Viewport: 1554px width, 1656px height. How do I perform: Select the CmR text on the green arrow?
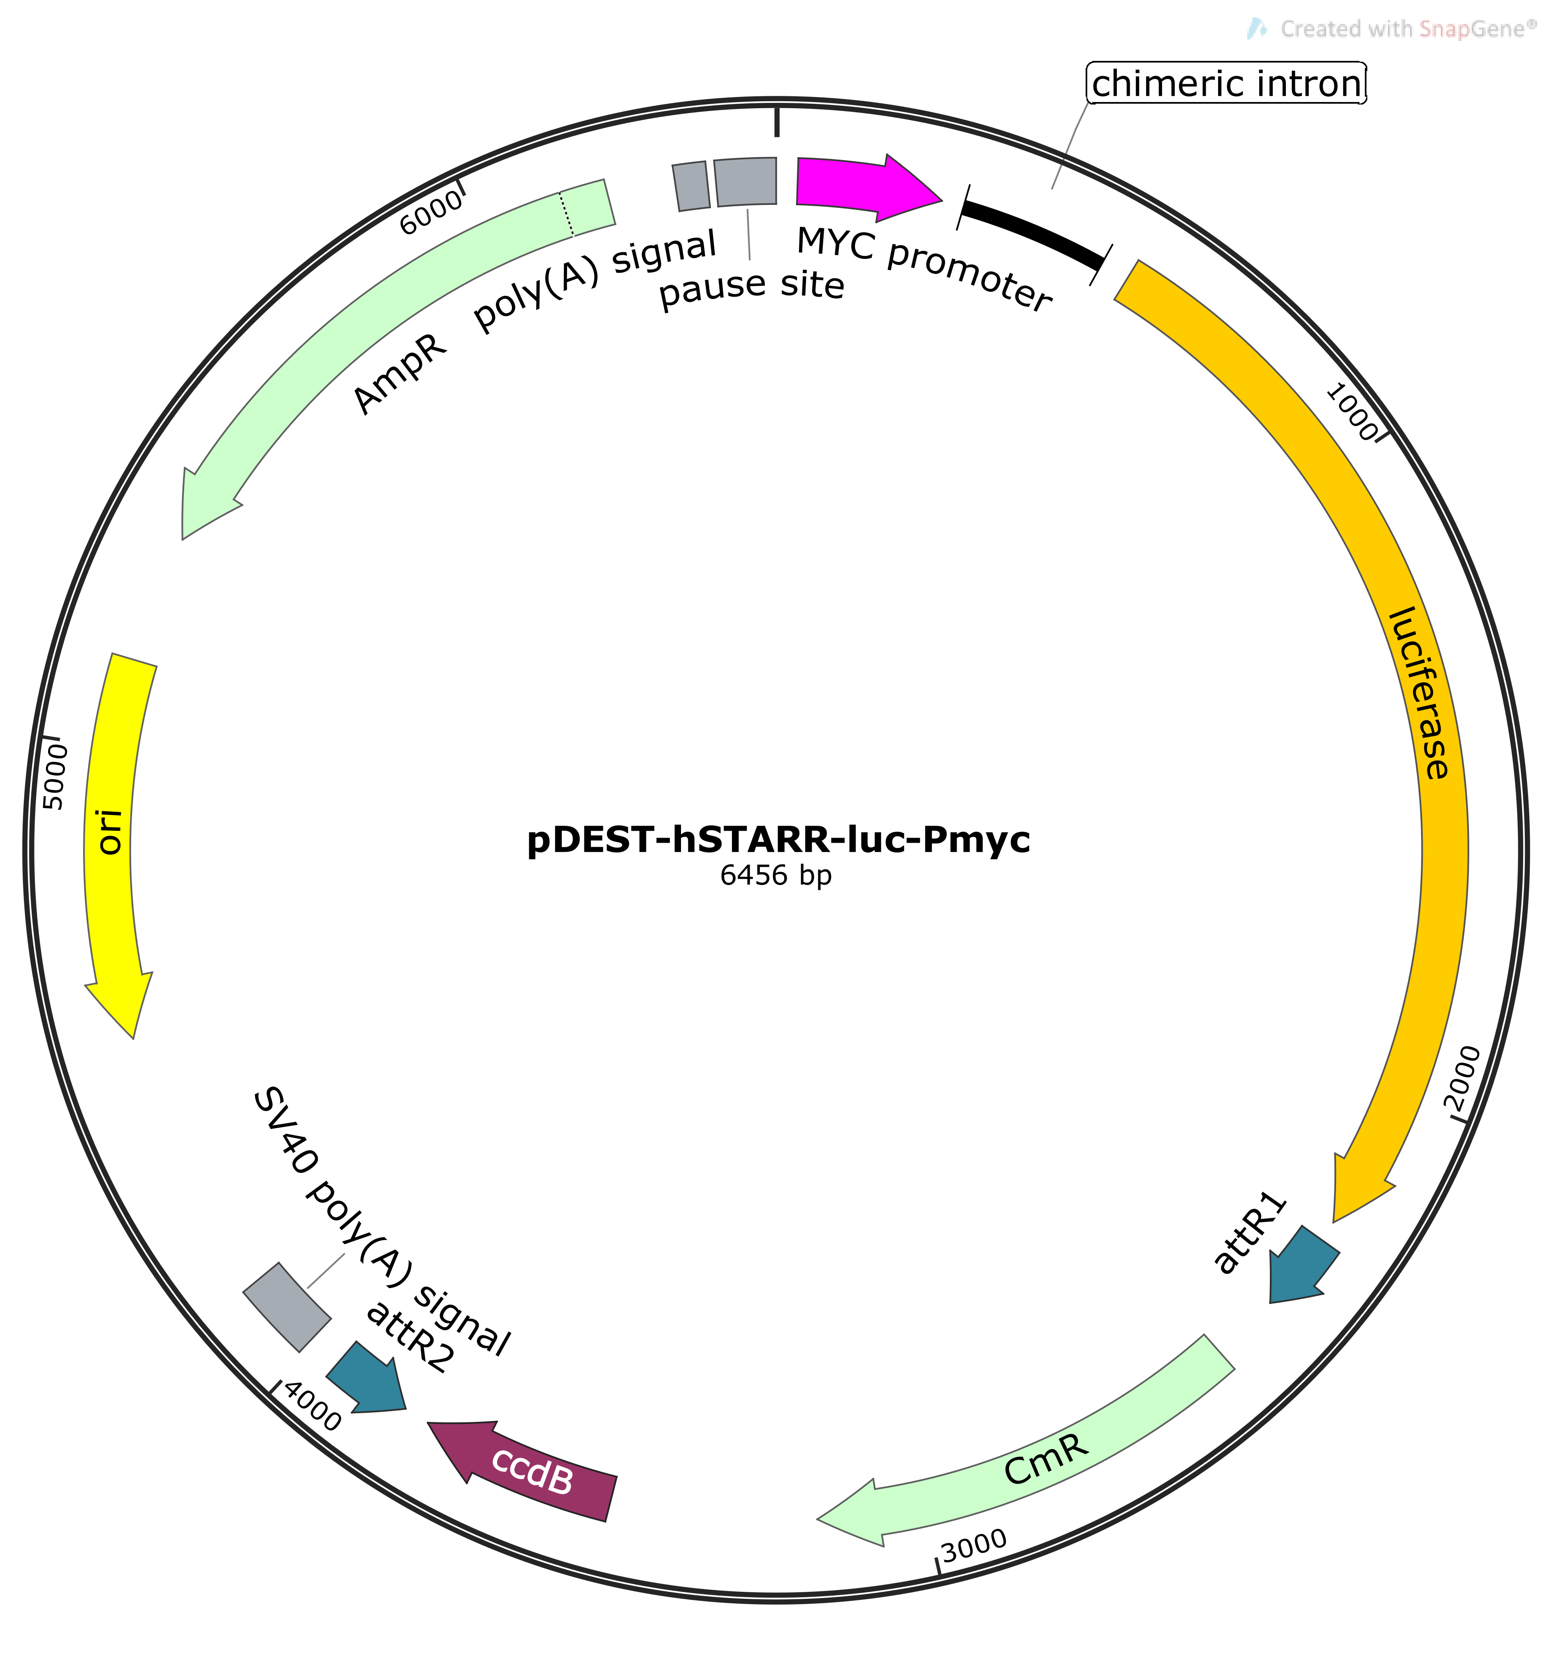pyautogui.click(x=1046, y=1459)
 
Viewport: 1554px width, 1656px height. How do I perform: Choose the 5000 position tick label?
pyautogui.click(x=55, y=776)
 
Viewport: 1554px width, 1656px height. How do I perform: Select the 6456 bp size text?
pyautogui.click(x=776, y=876)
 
